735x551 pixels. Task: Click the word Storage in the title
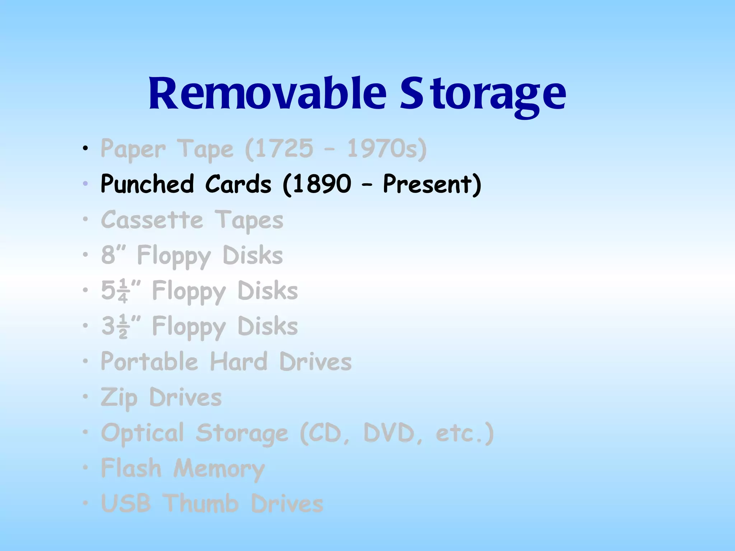click(x=483, y=94)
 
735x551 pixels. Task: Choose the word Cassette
click(x=152, y=220)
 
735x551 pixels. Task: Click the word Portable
click(x=149, y=361)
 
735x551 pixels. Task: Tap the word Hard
click(x=239, y=361)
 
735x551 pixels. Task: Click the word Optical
click(x=143, y=433)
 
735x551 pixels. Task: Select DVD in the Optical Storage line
click(x=389, y=433)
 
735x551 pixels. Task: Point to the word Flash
click(x=131, y=468)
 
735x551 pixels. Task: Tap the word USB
click(x=126, y=503)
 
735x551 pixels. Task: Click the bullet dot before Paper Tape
click(x=85, y=148)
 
